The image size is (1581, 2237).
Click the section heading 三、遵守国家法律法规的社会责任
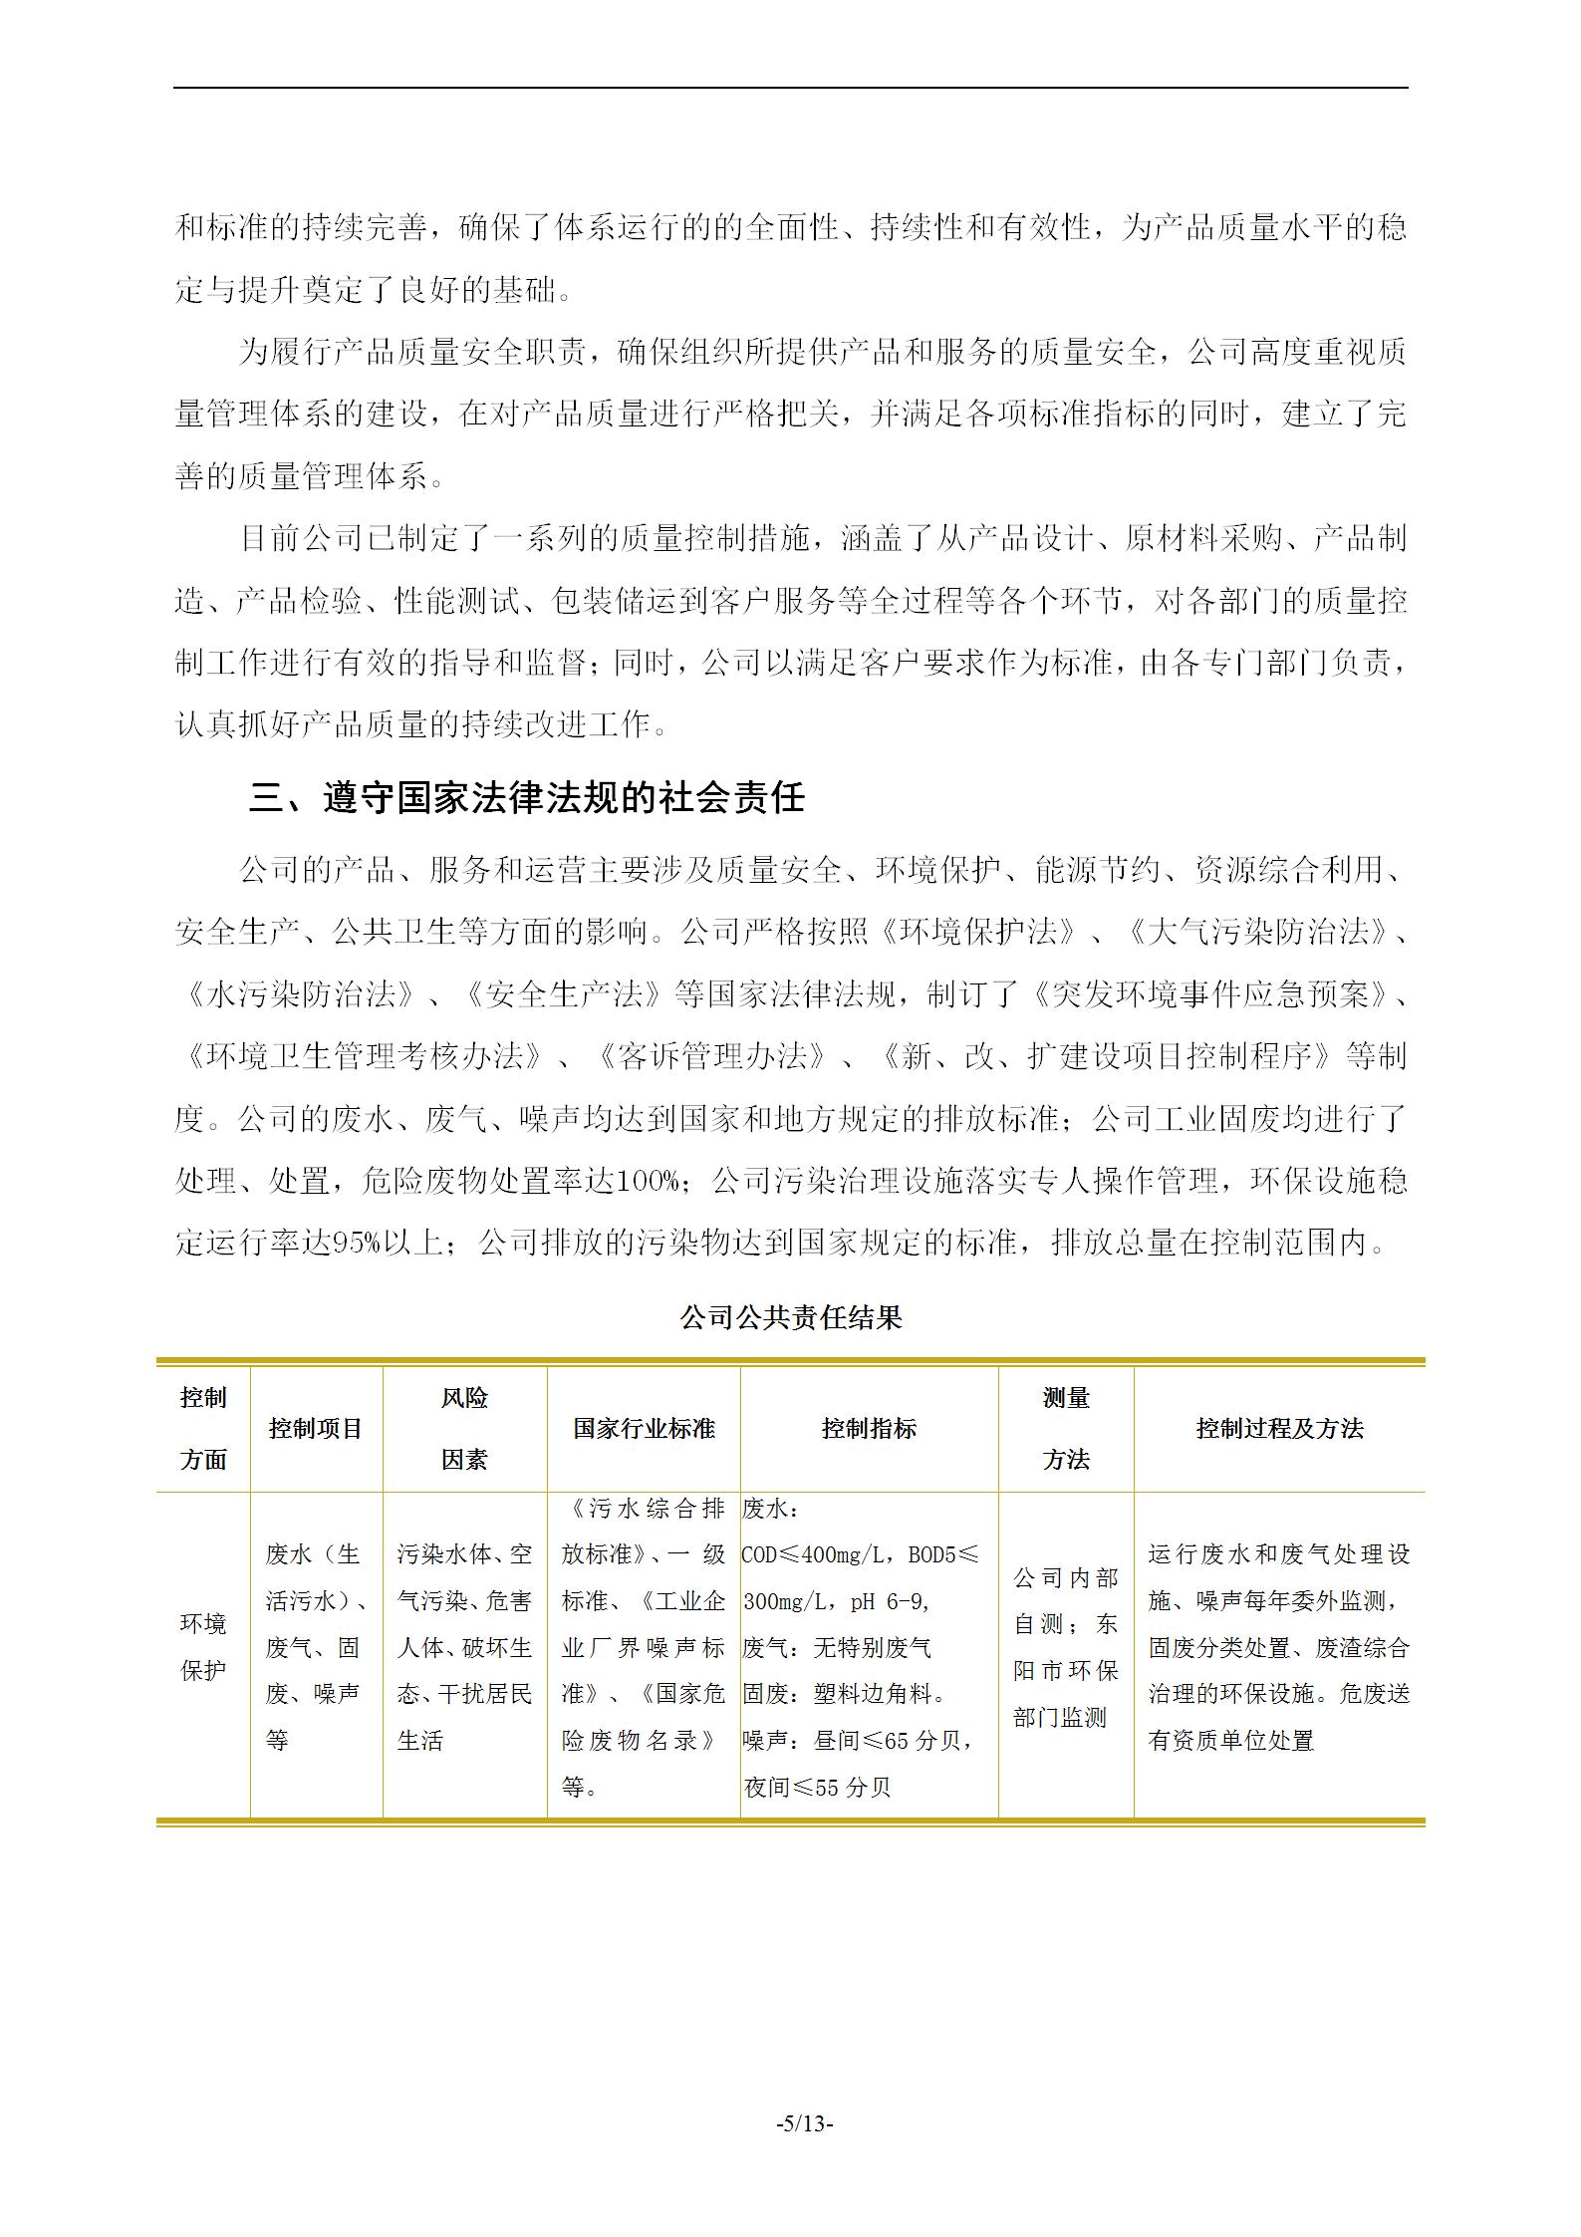click(x=526, y=798)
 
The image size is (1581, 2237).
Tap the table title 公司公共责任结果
click(x=790, y=1317)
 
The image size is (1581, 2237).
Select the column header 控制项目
click(x=316, y=1428)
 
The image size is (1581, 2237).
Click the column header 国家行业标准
click(x=644, y=1428)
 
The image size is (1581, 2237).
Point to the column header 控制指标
click(x=869, y=1428)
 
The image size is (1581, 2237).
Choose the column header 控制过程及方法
click(x=1279, y=1428)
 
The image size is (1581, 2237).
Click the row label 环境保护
click(x=203, y=1646)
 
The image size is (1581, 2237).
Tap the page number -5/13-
click(x=804, y=2122)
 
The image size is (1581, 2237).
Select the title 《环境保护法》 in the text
click(x=979, y=933)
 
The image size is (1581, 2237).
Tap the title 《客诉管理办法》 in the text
click(x=710, y=1056)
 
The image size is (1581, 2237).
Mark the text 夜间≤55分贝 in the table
click(x=817, y=1788)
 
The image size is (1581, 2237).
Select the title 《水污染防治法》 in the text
click(x=299, y=994)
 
